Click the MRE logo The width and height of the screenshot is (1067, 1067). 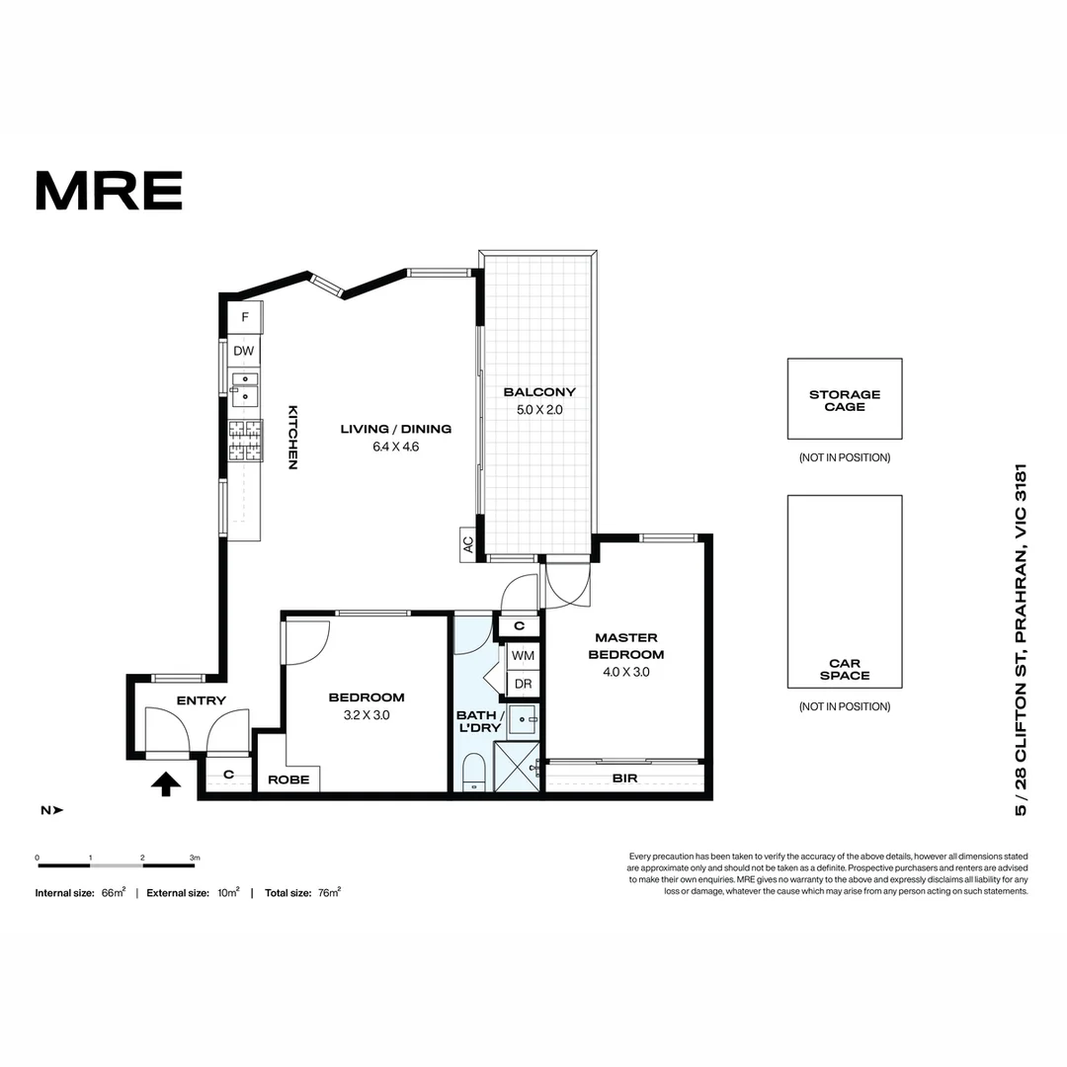pos(109,191)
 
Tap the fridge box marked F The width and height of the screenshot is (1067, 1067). pos(245,317)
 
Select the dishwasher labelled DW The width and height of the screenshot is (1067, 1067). pos(244,351)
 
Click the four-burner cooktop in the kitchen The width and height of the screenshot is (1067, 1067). pos(245,440)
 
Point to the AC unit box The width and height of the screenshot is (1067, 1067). pos(468,544)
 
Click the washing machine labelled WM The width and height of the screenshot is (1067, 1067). pos(524,655)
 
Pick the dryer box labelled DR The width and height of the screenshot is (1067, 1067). pos(524,684)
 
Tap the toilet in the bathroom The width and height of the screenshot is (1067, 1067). pos(473,774)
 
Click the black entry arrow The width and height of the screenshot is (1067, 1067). pos(165,783)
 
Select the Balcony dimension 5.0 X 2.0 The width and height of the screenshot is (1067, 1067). pos(539,410)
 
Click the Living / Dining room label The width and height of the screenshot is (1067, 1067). pos(396,429)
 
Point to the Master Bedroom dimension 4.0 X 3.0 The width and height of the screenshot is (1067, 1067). pos(626,672)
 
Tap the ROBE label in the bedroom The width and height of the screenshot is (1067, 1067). pos(288,780)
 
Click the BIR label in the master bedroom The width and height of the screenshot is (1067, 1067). pos(624,778)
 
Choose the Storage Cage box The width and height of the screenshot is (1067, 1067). pos(845,399)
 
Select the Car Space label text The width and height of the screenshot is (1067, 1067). pos(845,669)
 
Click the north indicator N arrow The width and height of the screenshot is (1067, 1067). pos(52,810)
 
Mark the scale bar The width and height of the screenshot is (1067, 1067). pos(116,865)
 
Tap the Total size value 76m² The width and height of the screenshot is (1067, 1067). pos(329,892)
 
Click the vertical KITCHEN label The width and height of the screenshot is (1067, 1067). pos(292,438)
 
